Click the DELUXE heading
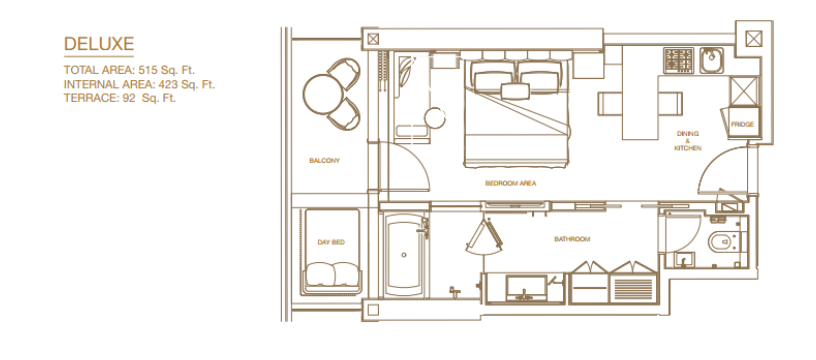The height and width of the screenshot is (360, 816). pos(99,44)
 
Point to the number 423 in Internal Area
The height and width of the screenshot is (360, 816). pos(169,84)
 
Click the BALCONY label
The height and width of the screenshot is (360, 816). pos(324,161)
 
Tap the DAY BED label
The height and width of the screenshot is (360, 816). pos(331,242)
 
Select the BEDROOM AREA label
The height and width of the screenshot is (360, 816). pos(511,184)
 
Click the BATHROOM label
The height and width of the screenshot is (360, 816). pos(572,239)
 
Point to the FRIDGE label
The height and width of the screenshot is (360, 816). pos(742,125)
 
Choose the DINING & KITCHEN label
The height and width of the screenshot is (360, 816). pos(687,141)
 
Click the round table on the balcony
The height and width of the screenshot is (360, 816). pos(323,94)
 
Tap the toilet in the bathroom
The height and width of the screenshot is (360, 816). pos(724,241)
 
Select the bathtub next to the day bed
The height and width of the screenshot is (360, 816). pos(404,255)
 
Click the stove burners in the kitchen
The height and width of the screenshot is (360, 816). pos(679,60)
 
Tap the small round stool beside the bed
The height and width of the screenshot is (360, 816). pos(435,118)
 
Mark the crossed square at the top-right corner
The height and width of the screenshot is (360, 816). pos(754,38)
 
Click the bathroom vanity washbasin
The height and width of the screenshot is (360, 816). pos(526,288)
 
